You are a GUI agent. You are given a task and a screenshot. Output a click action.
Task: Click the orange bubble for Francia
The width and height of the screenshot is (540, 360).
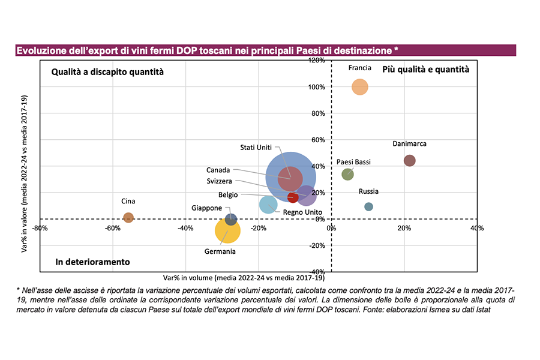tap(359, 87)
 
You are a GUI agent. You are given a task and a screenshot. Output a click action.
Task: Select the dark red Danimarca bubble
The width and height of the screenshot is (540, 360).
tap(410, 161)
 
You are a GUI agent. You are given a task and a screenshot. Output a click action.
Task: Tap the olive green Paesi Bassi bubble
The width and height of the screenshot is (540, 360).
tap(347, 174)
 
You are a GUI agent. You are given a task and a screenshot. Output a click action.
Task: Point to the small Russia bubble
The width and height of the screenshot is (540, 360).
tap(368, 207)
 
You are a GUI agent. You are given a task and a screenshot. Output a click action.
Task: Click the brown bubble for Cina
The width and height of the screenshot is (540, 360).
tap(128, 218)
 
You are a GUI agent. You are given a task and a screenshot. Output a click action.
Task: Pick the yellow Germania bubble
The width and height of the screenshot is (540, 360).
tap(227, 230)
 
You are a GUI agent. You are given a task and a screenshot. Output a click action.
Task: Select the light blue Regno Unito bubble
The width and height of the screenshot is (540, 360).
tap(268, 205)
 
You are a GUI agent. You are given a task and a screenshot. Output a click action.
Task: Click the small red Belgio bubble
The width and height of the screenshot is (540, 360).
tap(293, 197)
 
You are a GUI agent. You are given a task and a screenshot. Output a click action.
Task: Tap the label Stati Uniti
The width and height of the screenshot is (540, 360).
tap(256, 148)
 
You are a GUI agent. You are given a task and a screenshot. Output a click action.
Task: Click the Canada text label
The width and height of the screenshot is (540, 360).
tap(218, 170)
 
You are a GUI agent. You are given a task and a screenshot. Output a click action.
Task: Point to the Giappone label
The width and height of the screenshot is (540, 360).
tap(206, 208)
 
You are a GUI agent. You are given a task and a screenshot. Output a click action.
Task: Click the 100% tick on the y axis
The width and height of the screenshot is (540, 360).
tap(317, 87)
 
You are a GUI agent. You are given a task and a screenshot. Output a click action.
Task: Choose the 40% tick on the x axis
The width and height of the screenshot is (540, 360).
tap(476, 229)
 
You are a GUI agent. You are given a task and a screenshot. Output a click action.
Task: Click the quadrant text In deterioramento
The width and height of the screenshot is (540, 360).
tap(92, 262)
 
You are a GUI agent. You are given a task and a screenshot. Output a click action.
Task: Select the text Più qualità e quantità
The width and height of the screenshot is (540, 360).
tap(425, 70)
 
